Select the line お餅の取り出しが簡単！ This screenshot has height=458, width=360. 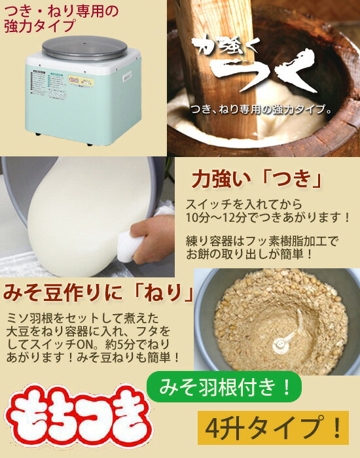click(251, 254)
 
